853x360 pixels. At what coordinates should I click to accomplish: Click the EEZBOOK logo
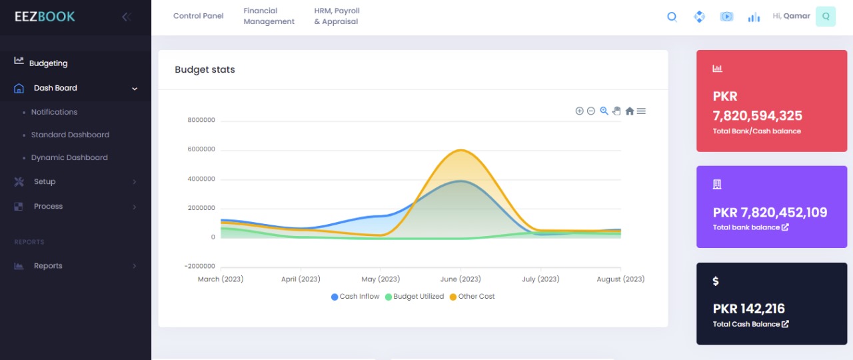click(x=45, y=17)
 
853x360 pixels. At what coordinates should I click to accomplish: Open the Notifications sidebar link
click(x=54, y=112)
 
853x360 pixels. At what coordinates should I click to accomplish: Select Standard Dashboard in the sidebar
click(x=70, y=135)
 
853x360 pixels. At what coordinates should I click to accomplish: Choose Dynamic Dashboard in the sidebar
click(x=69, y=157)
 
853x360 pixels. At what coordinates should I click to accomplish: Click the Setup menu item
click(x=45, y=181)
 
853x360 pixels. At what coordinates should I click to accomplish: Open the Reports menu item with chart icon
click(x=48, y=265)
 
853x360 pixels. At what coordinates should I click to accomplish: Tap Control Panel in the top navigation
click(x=198, y=16)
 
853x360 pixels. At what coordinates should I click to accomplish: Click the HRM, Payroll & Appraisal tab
click(x=337, y=16)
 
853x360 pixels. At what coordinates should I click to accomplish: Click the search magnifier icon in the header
click(x=672, y=17)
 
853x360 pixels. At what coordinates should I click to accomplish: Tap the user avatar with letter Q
click(x=826, y=17)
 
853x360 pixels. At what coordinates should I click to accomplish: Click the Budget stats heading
click(x=205, y=69)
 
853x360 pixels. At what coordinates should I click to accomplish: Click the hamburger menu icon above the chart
click(x=641, y=111)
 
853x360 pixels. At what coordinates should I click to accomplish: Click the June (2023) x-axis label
click(x=460, y=279)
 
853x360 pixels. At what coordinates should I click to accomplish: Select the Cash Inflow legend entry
click(x=355, y=297)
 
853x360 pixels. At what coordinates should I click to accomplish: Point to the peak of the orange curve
click(x=460, y=150)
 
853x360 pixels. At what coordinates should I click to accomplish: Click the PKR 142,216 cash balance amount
click(x=748, y=309)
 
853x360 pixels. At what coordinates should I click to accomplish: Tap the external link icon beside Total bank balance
click(x=784, y=227)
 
